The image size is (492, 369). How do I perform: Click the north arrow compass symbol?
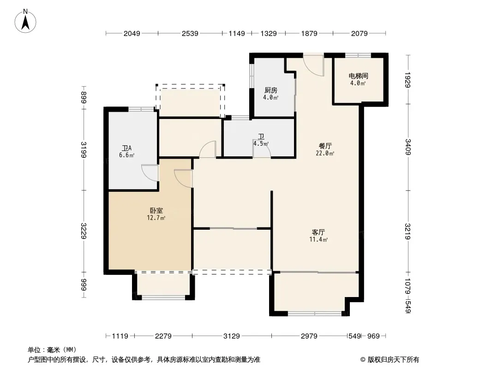[25, 21]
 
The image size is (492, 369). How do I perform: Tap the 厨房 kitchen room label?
[271, 90]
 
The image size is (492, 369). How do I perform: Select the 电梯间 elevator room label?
[358, 76]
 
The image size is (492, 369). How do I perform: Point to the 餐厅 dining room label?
[325, 146]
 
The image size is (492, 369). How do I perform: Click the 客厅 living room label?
[318, 232]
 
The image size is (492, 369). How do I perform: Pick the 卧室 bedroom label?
[156, 211]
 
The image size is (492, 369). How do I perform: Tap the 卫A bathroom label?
[127, 148]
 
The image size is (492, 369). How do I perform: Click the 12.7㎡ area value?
[156, 218]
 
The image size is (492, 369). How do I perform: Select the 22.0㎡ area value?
[325, 153]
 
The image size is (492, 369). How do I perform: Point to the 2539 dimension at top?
[190, 33]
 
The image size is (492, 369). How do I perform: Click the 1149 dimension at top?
[237, 33]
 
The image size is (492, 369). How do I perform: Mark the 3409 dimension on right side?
[408, 147]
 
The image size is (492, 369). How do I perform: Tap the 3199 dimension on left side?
[84, 149]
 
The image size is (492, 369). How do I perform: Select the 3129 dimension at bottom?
[232, 336]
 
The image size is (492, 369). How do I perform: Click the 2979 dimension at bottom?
[309, 336]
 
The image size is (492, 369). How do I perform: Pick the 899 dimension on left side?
[84, 97]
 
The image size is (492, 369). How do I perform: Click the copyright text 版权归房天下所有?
[393, 360]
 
